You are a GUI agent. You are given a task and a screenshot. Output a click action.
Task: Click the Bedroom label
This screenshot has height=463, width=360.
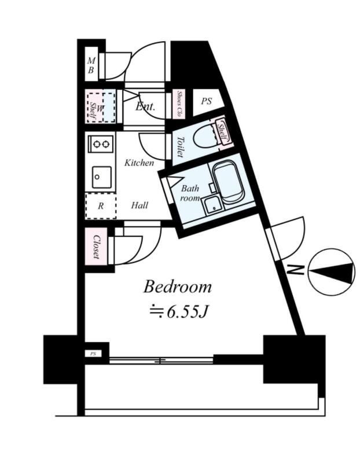[177, 286]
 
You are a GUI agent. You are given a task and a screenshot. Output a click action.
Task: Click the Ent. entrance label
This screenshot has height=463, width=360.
[145, 106]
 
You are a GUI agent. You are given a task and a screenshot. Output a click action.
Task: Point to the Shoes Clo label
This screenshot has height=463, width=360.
[180, 104]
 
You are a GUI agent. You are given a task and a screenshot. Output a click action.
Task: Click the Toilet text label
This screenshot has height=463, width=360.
[179, 147]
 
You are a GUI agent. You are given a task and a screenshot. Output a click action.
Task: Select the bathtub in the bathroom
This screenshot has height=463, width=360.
[228, 181]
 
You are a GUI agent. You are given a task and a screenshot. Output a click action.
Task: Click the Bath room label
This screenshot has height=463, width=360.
[190, 193]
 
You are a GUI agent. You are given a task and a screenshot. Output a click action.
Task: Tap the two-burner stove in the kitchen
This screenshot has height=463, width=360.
[100, 142]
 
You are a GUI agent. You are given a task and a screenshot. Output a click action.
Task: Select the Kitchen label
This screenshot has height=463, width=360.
[139, 163]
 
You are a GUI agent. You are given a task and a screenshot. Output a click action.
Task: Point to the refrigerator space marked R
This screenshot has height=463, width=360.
[100, 205]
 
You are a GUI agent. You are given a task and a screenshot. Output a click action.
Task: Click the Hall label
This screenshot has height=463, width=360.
[139, 205]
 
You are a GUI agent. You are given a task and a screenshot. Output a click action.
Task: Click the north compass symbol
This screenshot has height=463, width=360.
[331, 271]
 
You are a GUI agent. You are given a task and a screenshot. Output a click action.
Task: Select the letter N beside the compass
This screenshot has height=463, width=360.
[296, 269]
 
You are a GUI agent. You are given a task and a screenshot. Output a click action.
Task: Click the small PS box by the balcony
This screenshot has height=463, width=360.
[92, 353]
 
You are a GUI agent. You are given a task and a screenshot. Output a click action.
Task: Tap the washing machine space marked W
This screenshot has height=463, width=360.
[101, 107]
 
